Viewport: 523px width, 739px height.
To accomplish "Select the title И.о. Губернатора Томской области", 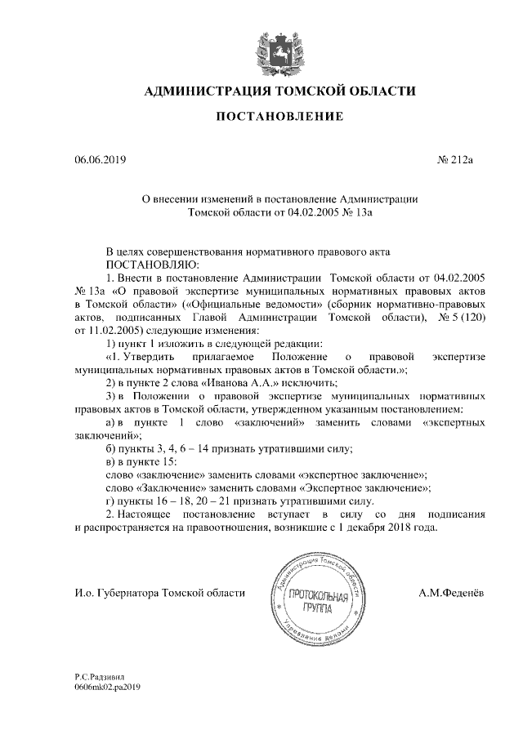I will click(x=154, y=592).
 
